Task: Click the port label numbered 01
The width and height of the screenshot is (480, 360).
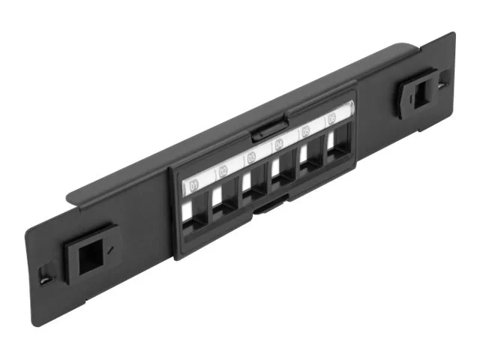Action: [x=196, y=183]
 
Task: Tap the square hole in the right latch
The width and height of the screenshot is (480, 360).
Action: [x=418, y=91]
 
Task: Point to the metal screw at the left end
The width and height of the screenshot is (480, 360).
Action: [x=46, y=278]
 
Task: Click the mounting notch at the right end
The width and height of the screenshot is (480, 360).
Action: [x=445, y=76]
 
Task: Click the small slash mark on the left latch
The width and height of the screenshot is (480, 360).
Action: [x=109, y=246]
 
